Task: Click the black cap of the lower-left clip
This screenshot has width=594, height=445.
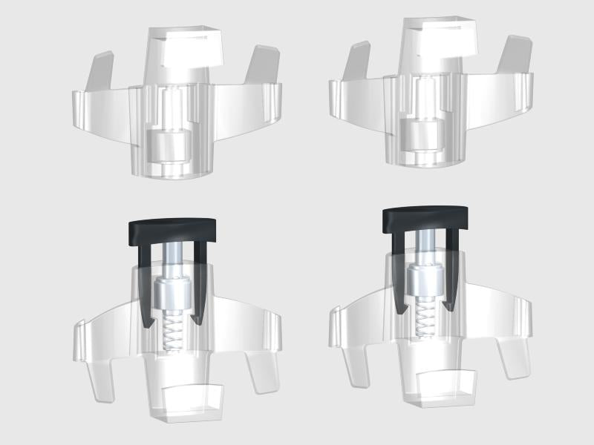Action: (x=172, y=231)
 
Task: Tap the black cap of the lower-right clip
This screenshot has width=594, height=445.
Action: (x=426, y=216)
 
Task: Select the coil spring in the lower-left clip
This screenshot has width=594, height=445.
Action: (x=172, y=332)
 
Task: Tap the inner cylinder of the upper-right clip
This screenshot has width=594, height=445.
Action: (x=421, y=133)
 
